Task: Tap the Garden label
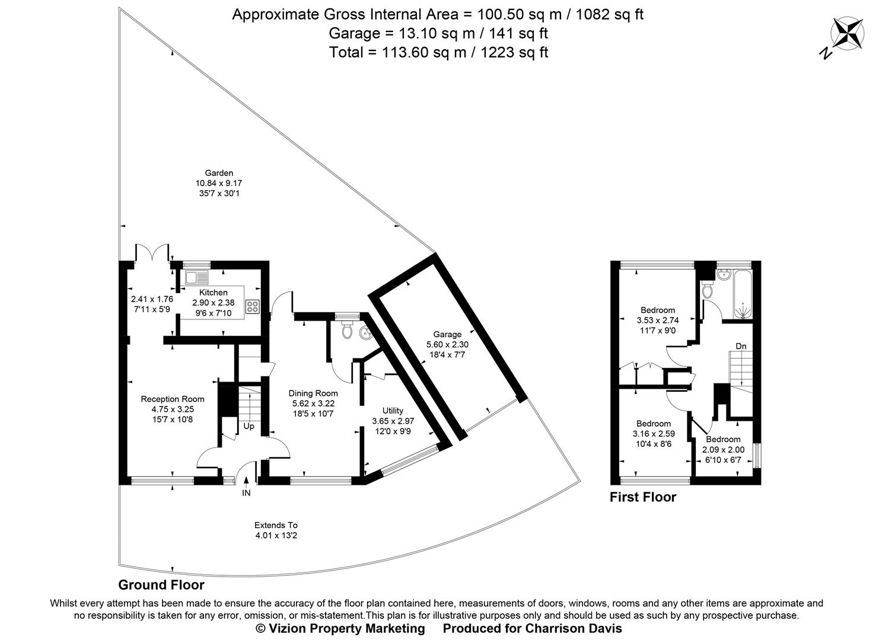click(219, 173)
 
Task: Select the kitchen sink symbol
click(197, 277)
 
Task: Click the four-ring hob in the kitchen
click(253, 306)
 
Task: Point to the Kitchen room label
click(213, 292)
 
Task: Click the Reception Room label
click(172, 399)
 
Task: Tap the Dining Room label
click(313, 393)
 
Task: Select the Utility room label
click(393, 411)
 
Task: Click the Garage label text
click(447, 334)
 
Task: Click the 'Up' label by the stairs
click(249, 426)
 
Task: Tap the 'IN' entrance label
click(246, 493)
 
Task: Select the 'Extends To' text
click(276, 525)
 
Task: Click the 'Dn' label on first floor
click(741, 346)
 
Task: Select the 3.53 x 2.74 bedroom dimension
click(657, 320)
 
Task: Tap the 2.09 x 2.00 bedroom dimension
click(723, 450)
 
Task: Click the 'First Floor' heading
click(643, 497)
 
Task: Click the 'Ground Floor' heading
click(161, 585)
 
